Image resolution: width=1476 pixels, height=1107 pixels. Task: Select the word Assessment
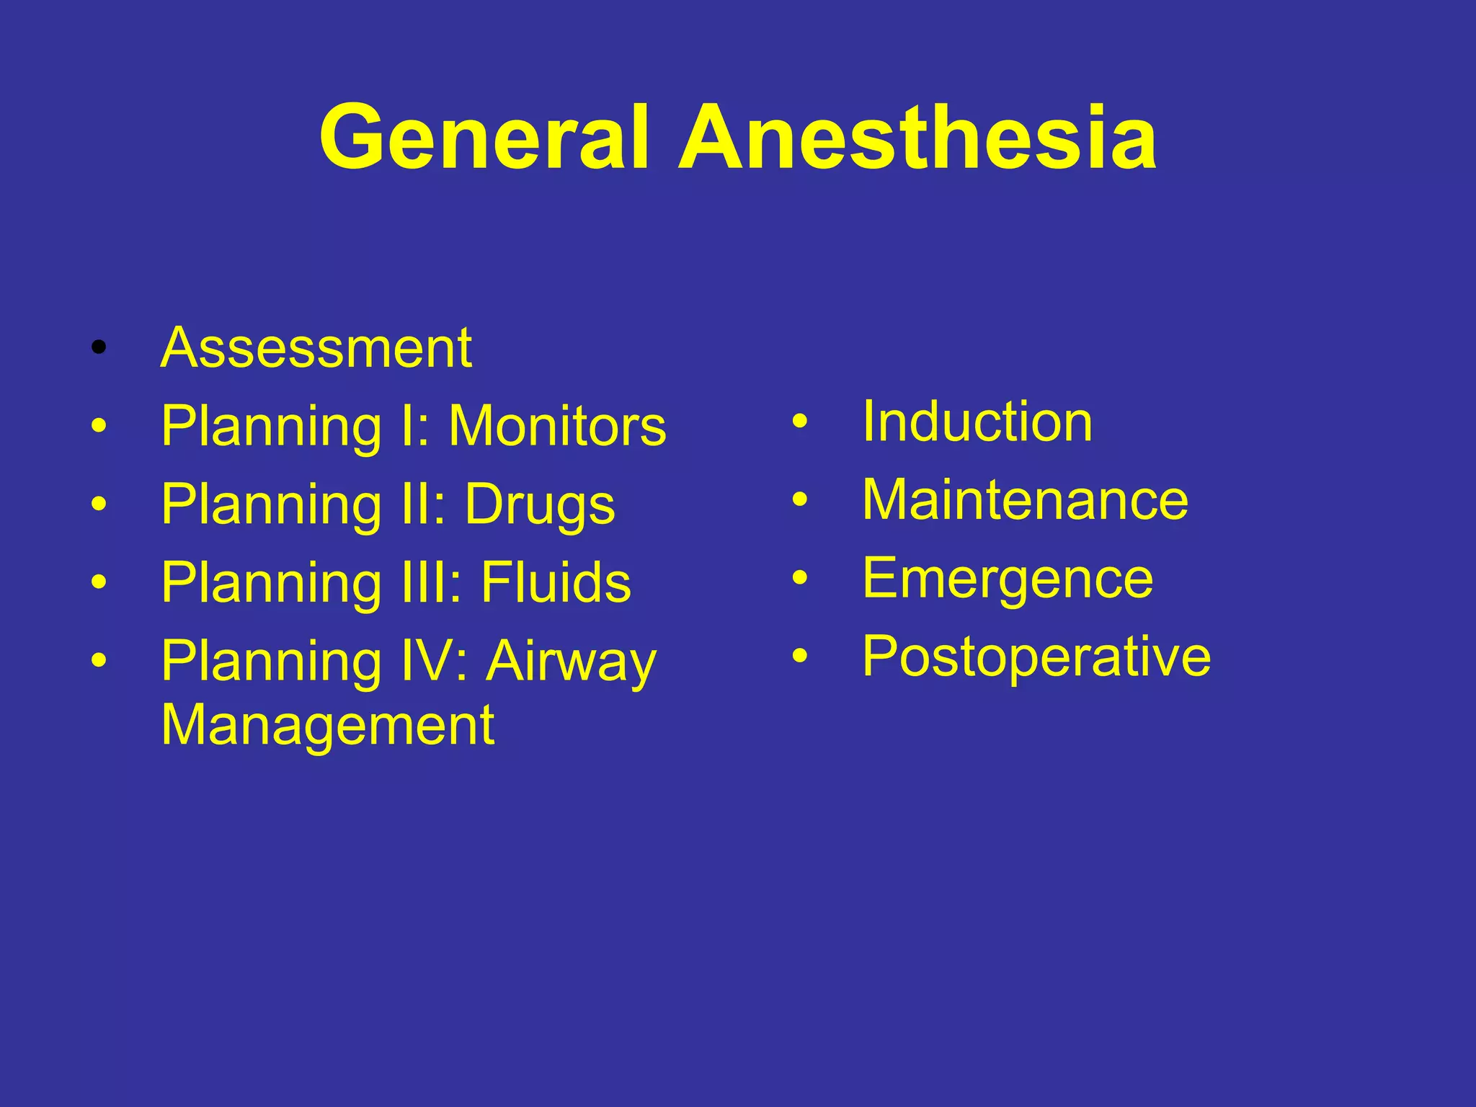pyautogui.click(x=316, y=348)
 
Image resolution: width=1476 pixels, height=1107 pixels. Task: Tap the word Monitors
pyautogui.click(x=557, y=427)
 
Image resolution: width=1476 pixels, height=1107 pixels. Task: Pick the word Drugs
pyautogui.click(x=540, y=505)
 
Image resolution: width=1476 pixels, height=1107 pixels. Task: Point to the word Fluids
pyautogui.click(x=556, y=582)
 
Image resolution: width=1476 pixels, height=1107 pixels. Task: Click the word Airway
pyautogui.click(x=571, y=662)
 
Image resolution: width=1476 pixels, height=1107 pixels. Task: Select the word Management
pyautogui.click(x=327, y=725)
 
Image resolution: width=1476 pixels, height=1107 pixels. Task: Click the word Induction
pyautogui.click(x=977, y=422)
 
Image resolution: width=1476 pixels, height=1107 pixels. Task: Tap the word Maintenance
pyautogui.click(x=1025, y=499)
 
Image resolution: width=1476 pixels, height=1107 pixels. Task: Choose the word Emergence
pyautogui.click(x=1008, y=578)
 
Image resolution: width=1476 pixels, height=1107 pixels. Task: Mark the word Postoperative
pyautogui.click(x=1036, y=656)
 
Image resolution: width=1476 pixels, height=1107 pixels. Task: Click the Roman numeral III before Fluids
pyautogui.click(x=426, y=582)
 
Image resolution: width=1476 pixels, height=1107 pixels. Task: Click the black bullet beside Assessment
pyautogui.click(x=99, y=350)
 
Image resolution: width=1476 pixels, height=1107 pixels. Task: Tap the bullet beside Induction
pyautogui.click(x=799, y=423)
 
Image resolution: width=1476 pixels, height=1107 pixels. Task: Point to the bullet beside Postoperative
pyautogui.click(x=799, y=657)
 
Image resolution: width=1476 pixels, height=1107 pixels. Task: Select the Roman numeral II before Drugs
pyautogui.click(x=417, y=504)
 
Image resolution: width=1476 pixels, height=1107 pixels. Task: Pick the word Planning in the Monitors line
pyautogui.click(x=271, y=427)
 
